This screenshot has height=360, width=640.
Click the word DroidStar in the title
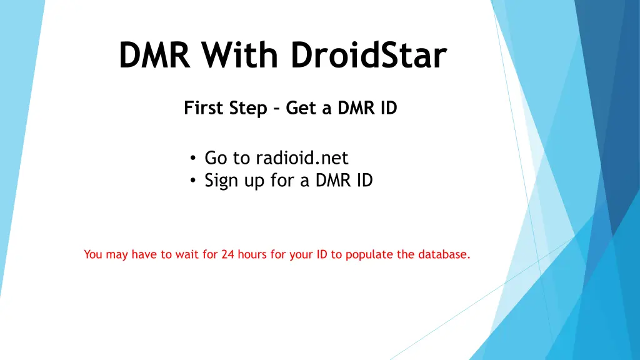369,56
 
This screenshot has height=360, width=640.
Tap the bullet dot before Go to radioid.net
194,159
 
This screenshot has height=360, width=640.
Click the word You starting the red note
92,254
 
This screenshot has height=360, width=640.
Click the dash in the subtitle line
276,109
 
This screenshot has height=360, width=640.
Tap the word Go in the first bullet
214,158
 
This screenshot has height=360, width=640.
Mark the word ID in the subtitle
388,109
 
